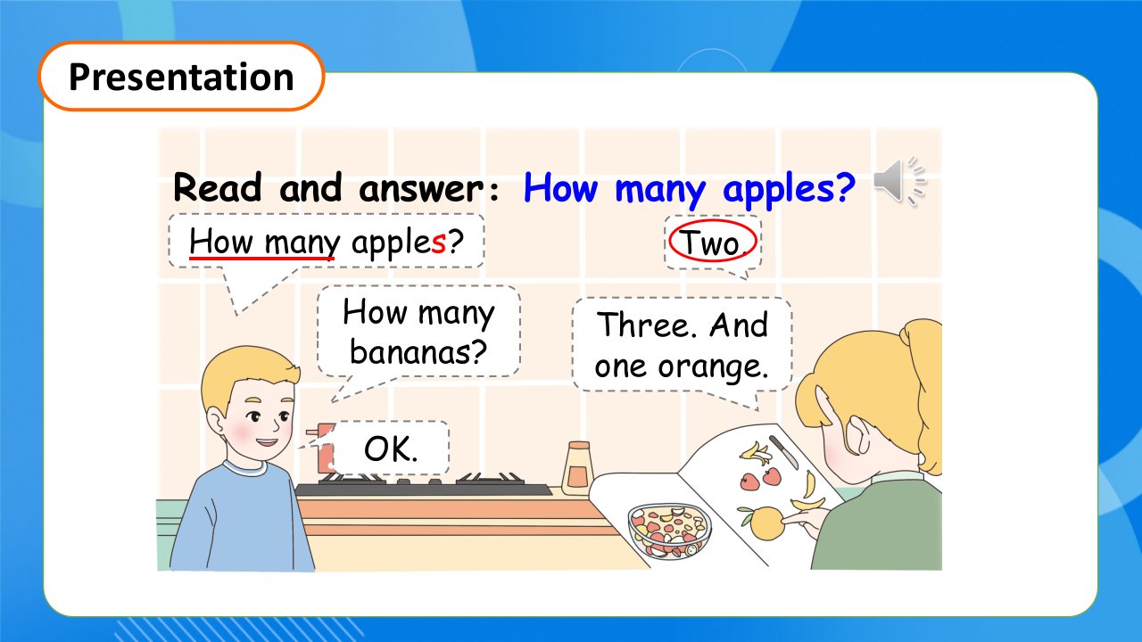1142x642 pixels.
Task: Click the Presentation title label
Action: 181,77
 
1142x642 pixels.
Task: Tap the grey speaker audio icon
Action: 900,181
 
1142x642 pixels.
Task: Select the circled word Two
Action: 713,242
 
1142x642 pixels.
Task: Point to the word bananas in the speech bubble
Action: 418,351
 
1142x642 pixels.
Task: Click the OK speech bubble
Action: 391,449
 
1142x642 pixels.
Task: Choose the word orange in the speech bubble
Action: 712,366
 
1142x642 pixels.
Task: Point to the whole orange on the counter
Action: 765,523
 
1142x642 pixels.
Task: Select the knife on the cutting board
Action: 783,452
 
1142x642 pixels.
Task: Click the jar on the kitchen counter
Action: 577,468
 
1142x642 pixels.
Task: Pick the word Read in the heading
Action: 218,187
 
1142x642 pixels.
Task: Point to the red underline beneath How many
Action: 261,259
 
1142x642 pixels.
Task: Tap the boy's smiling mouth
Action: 266,441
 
